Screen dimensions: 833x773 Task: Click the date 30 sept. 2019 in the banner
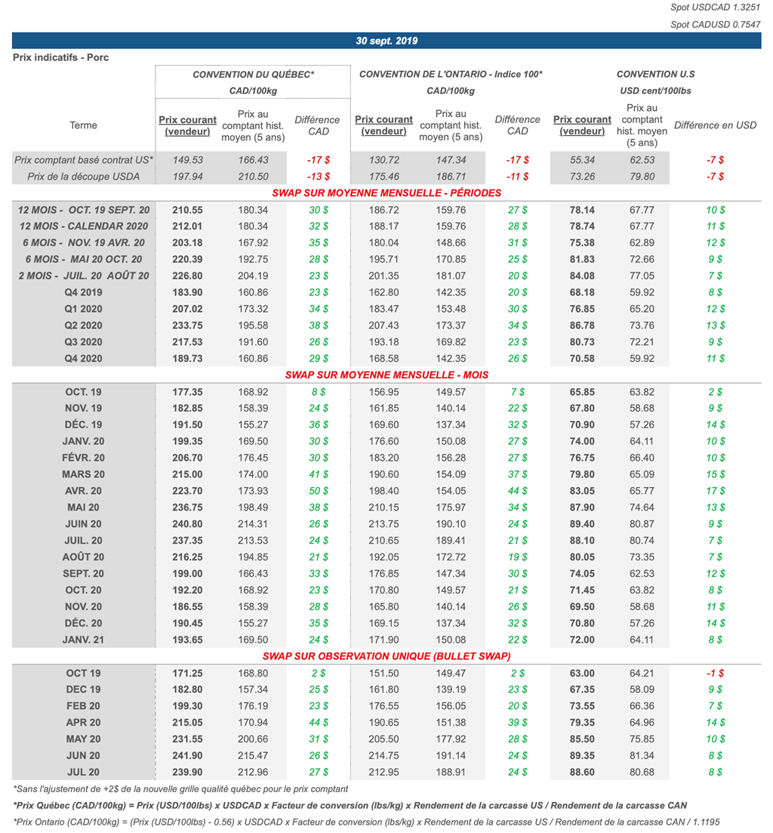[x=386, y=41]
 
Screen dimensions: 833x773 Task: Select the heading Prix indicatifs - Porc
[x=60, y=57]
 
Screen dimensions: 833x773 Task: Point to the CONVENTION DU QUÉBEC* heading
[x=253, y=74]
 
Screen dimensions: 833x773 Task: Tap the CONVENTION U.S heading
[x=655, y=74]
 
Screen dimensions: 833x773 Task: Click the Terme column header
[x=83, y=125]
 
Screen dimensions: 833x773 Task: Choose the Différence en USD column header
[x=715, y=125]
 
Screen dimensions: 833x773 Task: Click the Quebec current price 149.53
[x=188, y=160]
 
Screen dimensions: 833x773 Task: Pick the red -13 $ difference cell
[x=319, y=177]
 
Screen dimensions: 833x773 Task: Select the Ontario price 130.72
[x=383, y=160]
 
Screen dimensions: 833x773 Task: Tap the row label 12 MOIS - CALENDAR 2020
[x=84, y=226]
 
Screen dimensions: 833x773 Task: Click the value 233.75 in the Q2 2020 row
[x=188, y=325]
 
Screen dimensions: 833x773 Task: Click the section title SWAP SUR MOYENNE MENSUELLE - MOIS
[x=386, y=375]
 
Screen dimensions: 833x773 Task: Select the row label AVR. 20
[x=83, y=491]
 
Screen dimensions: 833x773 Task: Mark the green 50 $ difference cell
[x=319, y=491]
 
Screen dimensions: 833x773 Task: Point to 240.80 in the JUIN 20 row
[x=188, y=524]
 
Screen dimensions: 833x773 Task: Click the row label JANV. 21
[x=83, y=640]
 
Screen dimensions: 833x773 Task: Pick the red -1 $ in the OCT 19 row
[x=715, y=673]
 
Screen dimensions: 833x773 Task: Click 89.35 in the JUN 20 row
[x=582, y=755]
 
